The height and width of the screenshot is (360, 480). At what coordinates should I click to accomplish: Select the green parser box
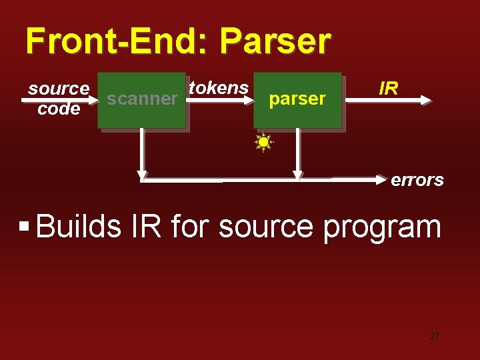pos(297,99)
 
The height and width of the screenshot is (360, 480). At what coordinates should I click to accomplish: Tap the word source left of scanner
pos(59,88)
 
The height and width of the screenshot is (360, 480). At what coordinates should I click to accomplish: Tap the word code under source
pos(59,109)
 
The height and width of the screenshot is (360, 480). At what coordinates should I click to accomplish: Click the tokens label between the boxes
pos(219,87)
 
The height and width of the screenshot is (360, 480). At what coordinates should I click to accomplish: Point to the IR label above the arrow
pos(389,88)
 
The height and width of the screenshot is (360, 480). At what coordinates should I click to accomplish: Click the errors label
pos(417,180)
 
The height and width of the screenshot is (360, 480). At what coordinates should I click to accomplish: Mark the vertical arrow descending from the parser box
pos(297,153)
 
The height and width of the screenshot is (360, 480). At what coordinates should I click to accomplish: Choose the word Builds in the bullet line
pos(79,227)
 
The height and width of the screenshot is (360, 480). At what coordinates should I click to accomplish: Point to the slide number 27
pos(434,337)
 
